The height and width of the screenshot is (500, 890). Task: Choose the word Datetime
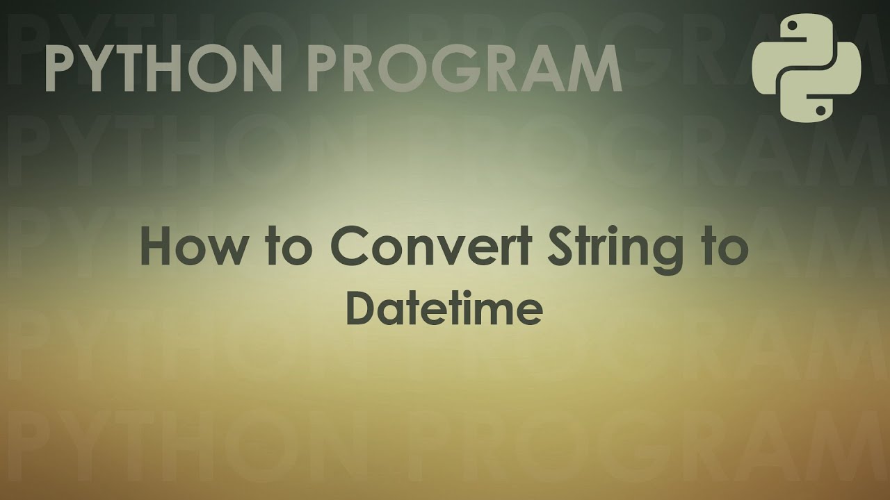tap(444, 310)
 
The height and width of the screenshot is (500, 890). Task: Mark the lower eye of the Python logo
tap(821, 109)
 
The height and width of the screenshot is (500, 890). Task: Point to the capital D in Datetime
tap(359, 310)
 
